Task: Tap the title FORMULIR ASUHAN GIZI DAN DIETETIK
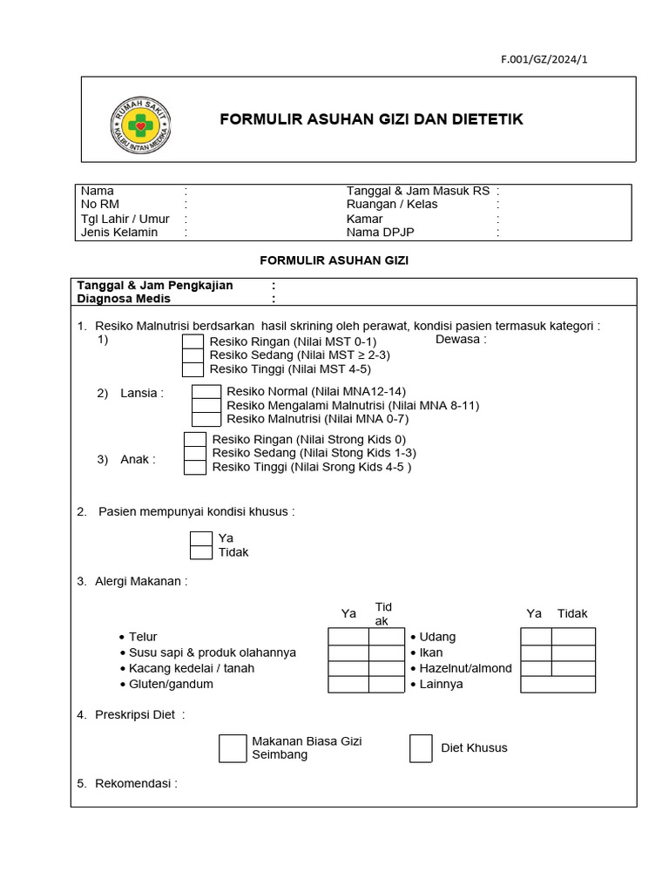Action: coord(371,119)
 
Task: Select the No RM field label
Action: coord(100,205)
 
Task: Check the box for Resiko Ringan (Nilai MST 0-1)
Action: coord(193,341)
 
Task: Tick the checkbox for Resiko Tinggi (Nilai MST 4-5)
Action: coord(193,369)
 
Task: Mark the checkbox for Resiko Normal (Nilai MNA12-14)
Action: coord(206,392)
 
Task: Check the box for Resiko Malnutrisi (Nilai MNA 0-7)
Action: coord(206,419)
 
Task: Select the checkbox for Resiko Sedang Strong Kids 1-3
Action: coord(195,453)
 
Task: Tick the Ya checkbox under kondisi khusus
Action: coord(201,538)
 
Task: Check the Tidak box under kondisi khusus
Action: coord(201,552)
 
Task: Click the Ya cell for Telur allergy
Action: coord(348,637)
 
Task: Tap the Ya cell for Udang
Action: coord(536,637)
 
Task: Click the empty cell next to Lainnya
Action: coord(557,684)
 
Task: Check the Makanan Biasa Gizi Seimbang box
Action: coord(233,748)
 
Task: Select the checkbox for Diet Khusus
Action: coord(421,748)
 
